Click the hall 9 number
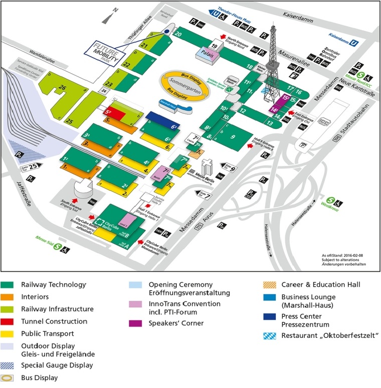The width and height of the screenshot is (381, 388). [x=232, y=136]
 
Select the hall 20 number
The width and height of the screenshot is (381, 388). [x=179, y=34]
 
